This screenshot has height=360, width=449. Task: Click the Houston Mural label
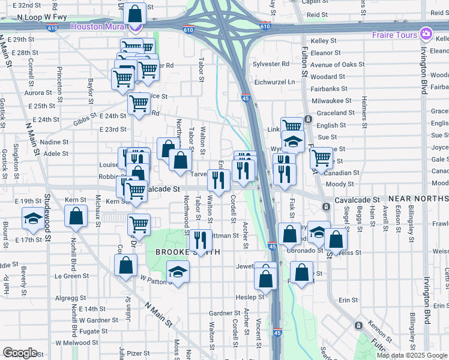click(98, 26)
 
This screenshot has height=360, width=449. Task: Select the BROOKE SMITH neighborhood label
click(180, 253)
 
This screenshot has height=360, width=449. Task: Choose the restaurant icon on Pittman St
click(200, 241)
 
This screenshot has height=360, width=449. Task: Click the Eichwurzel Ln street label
click(276, 82)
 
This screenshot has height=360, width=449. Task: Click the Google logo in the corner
click(19, 353)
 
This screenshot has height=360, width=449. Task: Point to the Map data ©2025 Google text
click(411, 355)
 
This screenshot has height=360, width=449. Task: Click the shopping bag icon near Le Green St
click(125, 266)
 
